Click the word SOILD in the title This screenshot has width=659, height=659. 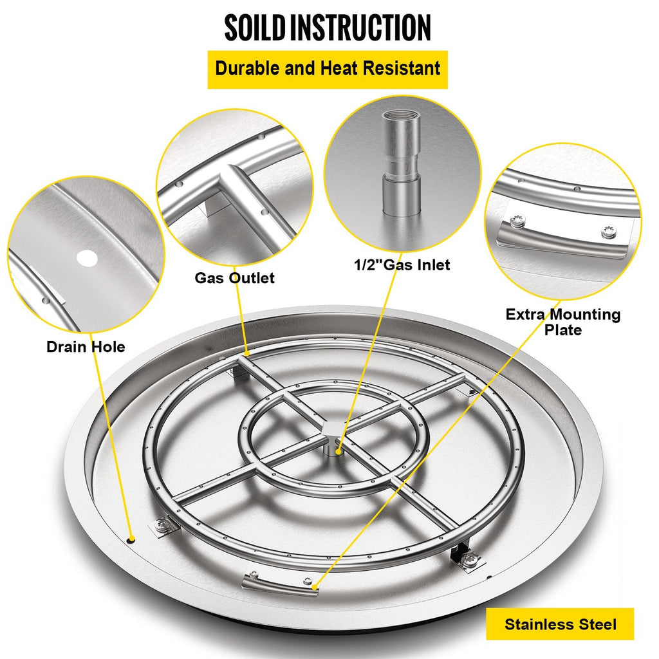click(x=255, y=28)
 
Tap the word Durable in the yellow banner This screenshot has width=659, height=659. click(x=248, y=68)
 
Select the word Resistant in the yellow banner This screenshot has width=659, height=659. click(x=402, y=68)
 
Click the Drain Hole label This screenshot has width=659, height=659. click(x=86, y=347)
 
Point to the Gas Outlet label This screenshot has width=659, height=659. click(x=234, y=278)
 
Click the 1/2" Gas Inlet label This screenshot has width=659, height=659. click(x=402, y=265)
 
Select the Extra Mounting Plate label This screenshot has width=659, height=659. click(x=562, y=322)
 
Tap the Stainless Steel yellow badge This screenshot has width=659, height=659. click(x=561, y=624)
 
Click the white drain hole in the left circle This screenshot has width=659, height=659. click(x=87, y=259)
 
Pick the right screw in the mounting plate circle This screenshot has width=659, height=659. click(x=609, y=231)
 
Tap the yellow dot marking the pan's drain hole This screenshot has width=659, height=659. click(x=131, y=539)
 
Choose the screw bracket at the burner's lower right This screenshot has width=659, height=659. click(x=467, y=559)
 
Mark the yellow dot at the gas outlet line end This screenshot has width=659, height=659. click(x=248, y=354)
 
